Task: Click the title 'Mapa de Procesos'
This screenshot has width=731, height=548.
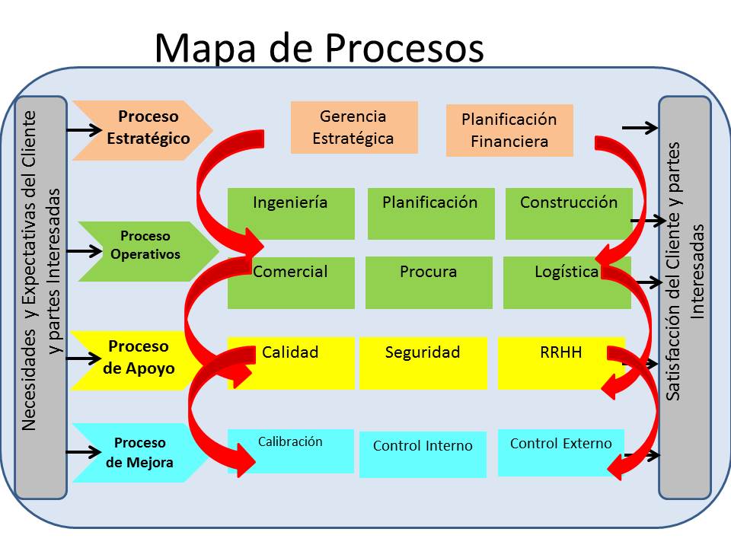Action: [x=318, y=48]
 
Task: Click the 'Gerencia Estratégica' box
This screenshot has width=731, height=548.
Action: [x=354, y=127]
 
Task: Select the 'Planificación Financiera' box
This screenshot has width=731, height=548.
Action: [x=509, y=130]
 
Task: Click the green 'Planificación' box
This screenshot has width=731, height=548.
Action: [x=430, y=213]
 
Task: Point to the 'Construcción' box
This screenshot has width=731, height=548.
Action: [x=568, y=213]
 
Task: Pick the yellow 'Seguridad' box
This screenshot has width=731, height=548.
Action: [x=423, y=363]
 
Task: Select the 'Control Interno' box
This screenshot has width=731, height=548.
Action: [x=423, y=454]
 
